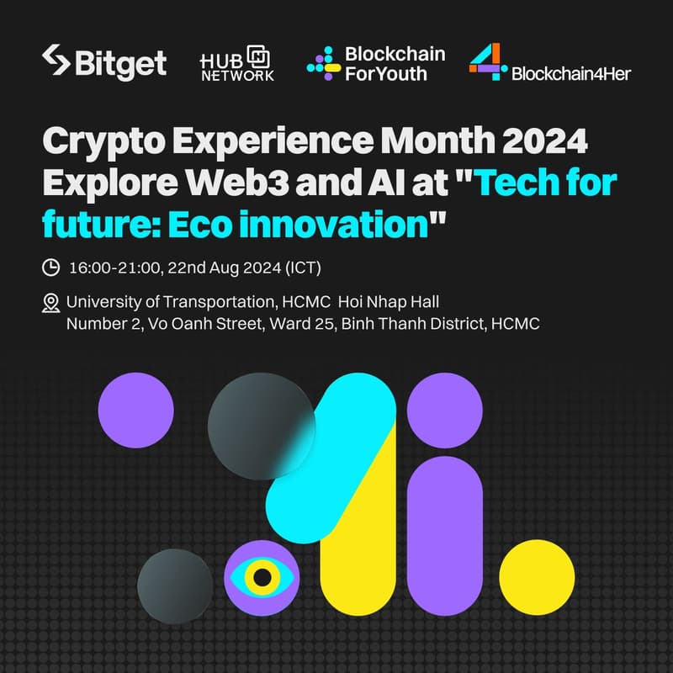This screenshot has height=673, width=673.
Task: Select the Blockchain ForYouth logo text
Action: click(x=395, y=63)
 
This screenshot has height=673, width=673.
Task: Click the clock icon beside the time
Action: click(x=50, y=268)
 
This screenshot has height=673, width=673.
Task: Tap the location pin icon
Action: click(x=50, y=302)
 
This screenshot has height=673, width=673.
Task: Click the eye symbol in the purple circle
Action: click(x=262, y=577)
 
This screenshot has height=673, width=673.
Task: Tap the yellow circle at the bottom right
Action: click(x=537, y=578)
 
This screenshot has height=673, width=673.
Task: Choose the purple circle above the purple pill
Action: click(x=444, y=411)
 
